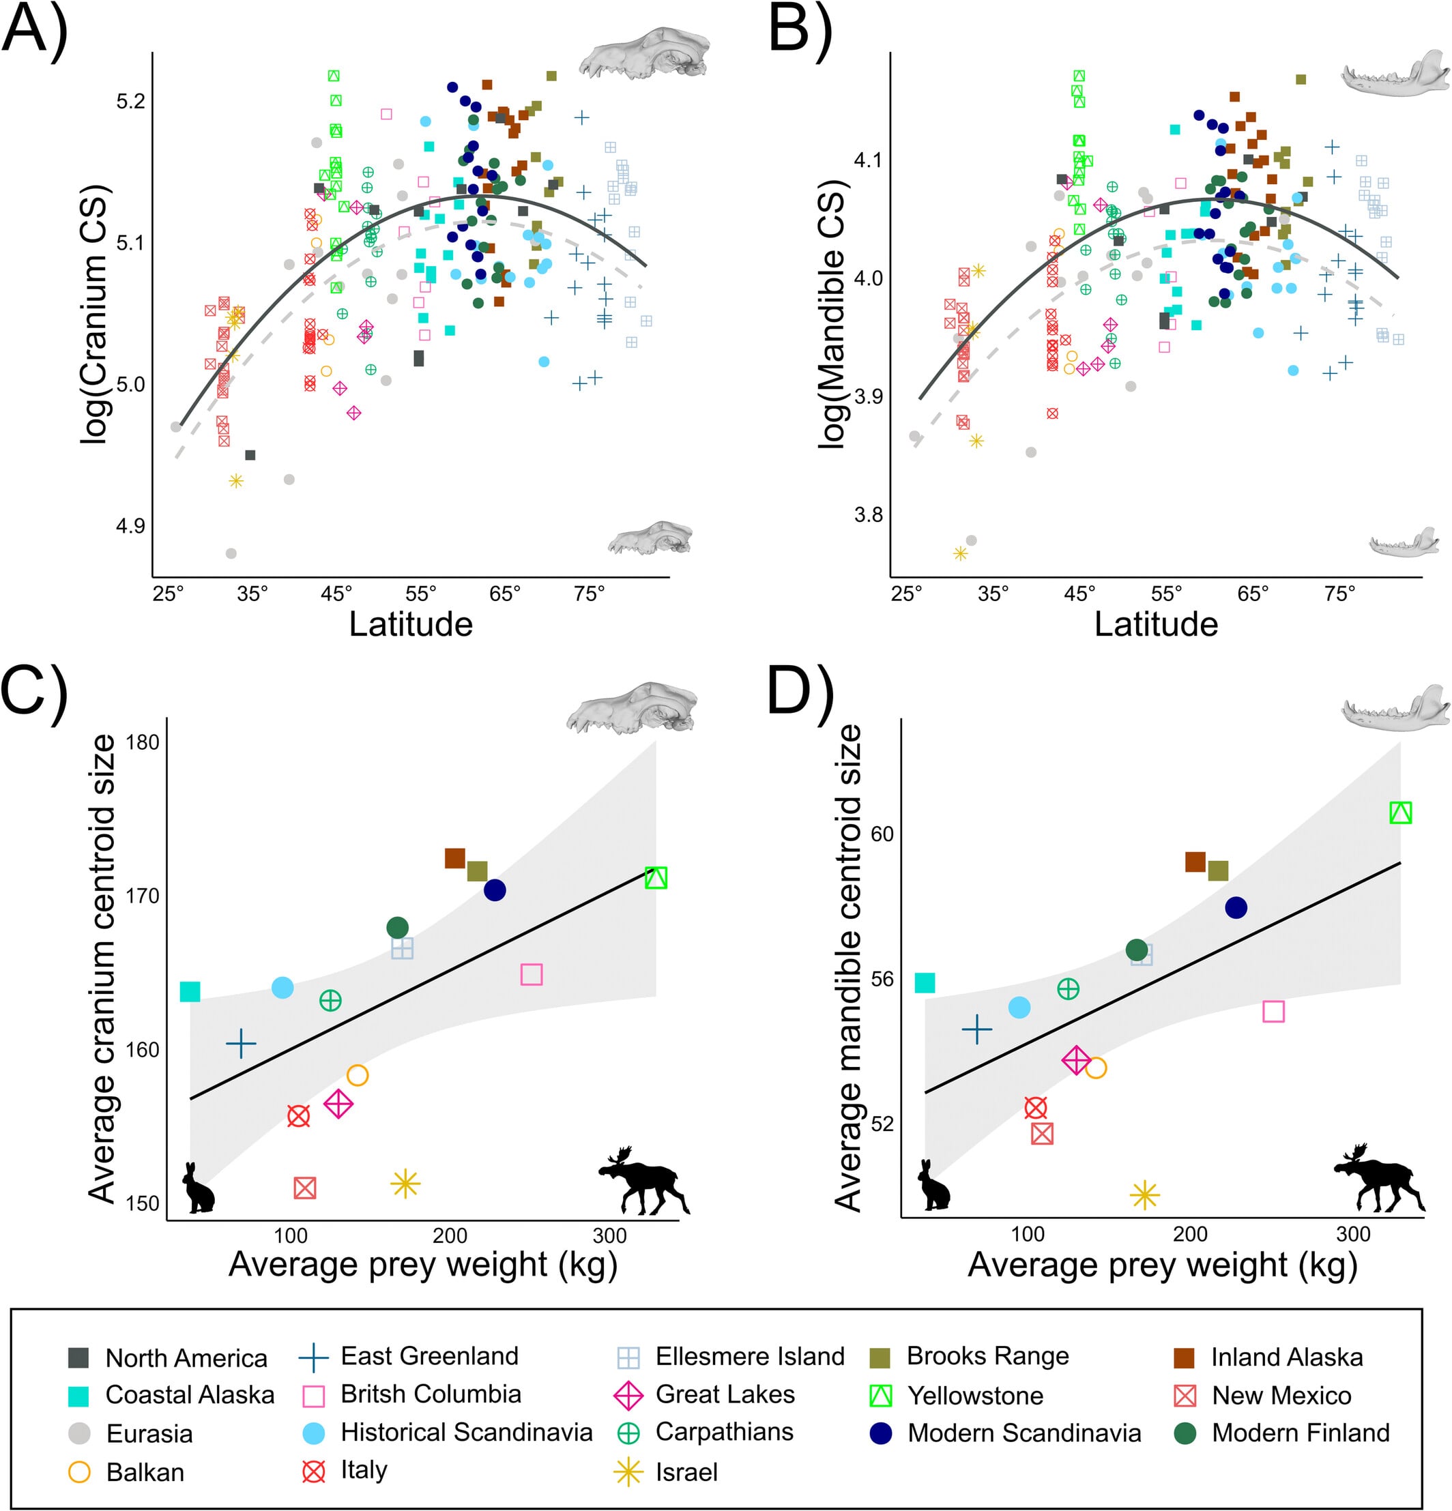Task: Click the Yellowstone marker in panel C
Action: [656, 877]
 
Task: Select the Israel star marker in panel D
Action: [1144, 1195]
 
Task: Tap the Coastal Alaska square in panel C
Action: [190, 992]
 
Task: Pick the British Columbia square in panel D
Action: [1273, 1012]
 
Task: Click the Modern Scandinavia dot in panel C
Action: [494, 890]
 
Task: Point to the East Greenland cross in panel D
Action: [977, 1029]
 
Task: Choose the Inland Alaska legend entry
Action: [1268, 1357]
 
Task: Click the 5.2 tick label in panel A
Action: [130, 102]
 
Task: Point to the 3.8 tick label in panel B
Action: [867, 514]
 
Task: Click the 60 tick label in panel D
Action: [882, 834]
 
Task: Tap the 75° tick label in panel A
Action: [589, 594]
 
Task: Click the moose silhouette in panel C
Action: [644, 1180]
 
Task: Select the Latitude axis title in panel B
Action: [1156, 624]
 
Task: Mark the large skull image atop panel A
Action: [644, 53]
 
